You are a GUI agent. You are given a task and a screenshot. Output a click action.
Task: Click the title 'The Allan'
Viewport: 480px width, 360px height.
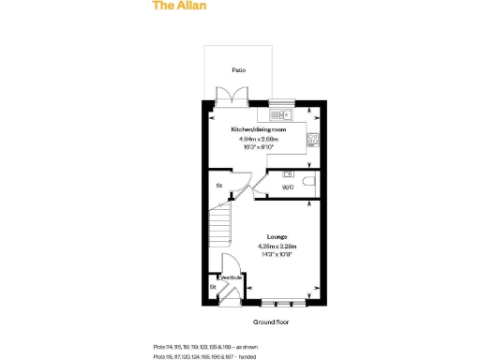click(179, 6)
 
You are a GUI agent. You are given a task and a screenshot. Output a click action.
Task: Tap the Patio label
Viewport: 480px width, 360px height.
click(239, 70)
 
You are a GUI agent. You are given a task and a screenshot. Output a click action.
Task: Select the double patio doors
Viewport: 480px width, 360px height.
click(228, 97)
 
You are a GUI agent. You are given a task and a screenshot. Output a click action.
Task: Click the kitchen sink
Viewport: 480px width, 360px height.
click(280, 114)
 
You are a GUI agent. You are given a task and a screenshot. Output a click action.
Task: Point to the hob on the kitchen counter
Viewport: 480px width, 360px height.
click(313, 140)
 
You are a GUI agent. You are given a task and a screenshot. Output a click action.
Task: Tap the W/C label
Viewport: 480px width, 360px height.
click(288, 187)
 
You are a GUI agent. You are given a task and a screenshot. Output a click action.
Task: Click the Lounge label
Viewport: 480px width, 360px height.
click(277, 237)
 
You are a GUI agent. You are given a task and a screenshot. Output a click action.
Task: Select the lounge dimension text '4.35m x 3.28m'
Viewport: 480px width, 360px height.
click(277, 246)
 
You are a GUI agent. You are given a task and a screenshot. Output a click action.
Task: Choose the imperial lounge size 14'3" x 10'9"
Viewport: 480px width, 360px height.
click(277, 253)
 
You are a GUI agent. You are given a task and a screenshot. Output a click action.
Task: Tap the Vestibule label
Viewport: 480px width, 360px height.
click(231, 277)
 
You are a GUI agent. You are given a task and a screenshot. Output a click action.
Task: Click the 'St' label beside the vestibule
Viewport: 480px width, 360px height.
click(213, 285)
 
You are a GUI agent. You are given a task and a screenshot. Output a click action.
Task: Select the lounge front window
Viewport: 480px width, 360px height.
click(282, 302)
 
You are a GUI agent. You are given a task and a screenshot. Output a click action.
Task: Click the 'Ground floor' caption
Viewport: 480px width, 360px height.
click(269, 322)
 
